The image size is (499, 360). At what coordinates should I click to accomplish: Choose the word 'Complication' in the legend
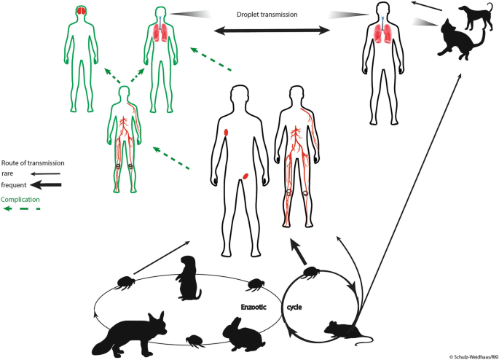20,198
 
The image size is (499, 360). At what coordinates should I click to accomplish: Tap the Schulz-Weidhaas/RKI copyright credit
472,355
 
